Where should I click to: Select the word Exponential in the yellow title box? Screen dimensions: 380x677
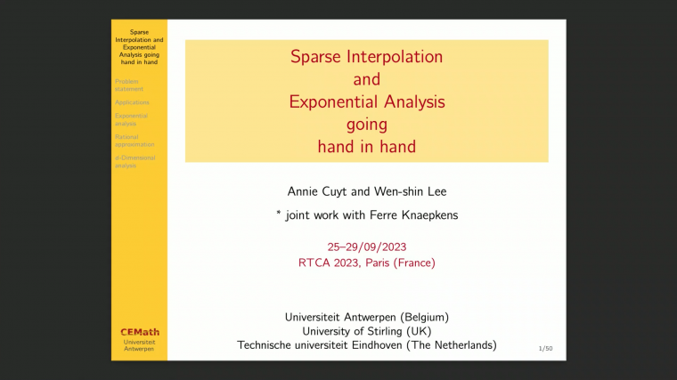click(x=331, y=101)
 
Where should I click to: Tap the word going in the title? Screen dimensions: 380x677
click(x=366, y=124)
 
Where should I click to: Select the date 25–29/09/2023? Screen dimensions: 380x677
click(x=366, y=246)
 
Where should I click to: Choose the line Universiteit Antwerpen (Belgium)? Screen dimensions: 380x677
click(x=366, y=316)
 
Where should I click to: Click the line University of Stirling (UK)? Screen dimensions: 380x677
click(x=366, y=330)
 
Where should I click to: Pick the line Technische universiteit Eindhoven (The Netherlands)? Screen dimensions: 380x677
click(x=366, y=344)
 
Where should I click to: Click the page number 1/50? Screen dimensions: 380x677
click(x=546, y=350)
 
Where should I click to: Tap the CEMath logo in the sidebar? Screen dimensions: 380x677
click(x=139, y=332)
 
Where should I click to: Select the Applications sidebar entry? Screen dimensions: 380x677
click(x=132, y=102)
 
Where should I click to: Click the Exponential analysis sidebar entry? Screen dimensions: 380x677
click(x=132, y=119)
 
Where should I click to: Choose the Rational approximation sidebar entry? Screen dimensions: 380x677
click(x=135, y=140)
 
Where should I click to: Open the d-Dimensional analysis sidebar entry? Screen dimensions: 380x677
click(x=135, y=161)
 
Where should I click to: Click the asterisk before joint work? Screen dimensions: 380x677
click(x=279, y=213)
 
